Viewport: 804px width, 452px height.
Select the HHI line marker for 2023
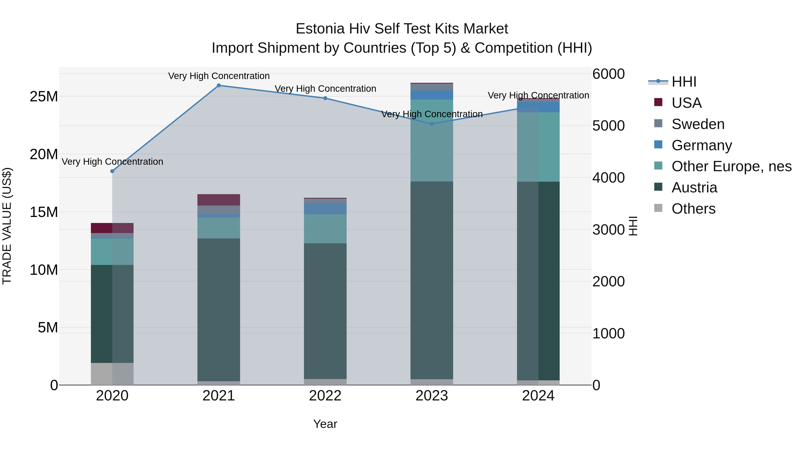pos(432,124)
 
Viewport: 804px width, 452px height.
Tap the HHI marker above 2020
pos(112,171)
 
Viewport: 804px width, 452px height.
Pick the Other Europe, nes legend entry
pos(731,166)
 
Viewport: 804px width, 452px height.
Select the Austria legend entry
pos(694,187)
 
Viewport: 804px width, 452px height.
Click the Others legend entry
pos(693,209)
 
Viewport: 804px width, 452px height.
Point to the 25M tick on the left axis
pos(44,97)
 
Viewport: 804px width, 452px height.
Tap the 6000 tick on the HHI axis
pos(608,74)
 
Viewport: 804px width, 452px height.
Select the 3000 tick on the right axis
pos(608,230)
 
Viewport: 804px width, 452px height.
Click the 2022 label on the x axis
pos(325,396)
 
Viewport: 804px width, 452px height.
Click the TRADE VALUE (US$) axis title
pos(7,226)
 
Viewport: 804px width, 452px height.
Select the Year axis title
pos(325,424)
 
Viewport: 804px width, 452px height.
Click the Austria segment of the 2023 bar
pos(432,281)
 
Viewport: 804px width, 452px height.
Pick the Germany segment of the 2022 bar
pos(325,208)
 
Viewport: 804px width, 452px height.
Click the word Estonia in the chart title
pos(320,29)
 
